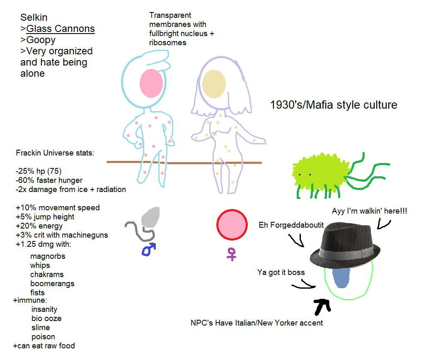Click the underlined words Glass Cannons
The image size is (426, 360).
coord(61,29)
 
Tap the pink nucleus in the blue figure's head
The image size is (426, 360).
coord(151,83)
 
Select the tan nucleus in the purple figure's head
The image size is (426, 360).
coord(214,83)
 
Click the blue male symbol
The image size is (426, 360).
coord(149,249)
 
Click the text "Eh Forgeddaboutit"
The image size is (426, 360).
coord(291,225)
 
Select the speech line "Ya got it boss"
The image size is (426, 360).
coord(281,272)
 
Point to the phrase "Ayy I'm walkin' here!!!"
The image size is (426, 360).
coord(369,211)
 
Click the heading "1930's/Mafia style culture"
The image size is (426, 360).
coord(334,105)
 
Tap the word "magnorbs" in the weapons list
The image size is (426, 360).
coord(48,256)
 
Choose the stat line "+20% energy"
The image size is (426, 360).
coord(39,226)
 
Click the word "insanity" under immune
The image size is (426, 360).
coord(44,309)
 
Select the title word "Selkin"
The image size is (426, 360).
coord(34,17)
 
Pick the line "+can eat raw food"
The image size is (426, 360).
coord(44,346)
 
